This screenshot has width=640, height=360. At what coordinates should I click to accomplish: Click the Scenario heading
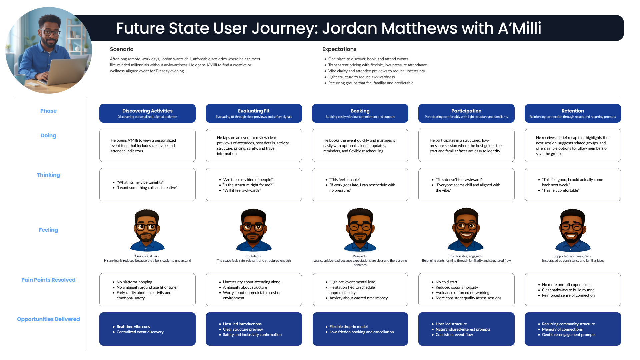click(x=122, y=49)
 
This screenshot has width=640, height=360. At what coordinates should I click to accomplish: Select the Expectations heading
click(x=339, y=49)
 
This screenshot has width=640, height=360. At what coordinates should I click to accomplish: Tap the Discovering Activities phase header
click(x=147, y=113)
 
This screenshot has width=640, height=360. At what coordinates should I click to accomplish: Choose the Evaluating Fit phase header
click(x=254, y=113)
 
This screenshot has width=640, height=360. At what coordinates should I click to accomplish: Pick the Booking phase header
click(x=360, y=113)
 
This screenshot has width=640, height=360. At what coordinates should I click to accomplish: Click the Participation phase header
click(x=466, y=113)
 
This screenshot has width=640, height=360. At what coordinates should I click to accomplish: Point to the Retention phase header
click(x=573, y=113)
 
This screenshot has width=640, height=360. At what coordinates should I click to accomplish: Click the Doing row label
click(x=48, y=136)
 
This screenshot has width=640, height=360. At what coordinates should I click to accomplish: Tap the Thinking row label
click(x=48, y=175)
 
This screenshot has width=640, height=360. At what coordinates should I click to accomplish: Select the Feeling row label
click(x=48, y=230)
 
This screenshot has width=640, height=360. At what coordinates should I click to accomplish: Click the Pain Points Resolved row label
click(x=48, y=280)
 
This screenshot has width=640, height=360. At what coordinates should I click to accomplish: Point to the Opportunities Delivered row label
click(x=48, y=319)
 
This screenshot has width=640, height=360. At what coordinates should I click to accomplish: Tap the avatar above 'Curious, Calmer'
click(x=147, y=230)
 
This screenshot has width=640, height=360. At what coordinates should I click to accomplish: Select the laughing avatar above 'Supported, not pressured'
click(x=572, y=230)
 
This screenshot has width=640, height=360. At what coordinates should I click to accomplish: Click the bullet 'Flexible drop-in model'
click(x=348, y=327)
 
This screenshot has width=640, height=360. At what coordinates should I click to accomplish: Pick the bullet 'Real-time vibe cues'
click(x=133, y=327)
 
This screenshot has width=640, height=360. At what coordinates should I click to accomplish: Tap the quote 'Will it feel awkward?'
click(x=242, y=190)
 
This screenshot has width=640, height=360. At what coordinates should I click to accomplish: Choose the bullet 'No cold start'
click(x=446, y=282)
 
